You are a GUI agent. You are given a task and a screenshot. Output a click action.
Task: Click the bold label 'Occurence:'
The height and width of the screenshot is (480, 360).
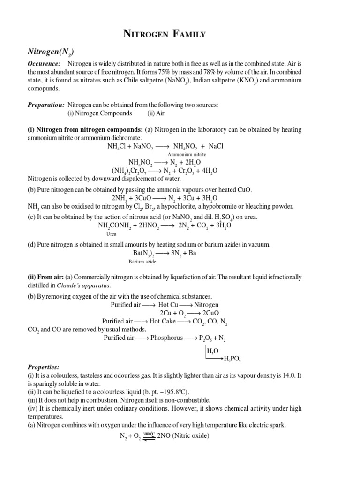point(44,63)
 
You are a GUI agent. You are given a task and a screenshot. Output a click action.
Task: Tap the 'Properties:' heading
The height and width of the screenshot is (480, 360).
point(44,367)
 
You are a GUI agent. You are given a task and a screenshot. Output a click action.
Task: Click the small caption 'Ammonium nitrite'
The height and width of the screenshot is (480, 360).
point(187,154)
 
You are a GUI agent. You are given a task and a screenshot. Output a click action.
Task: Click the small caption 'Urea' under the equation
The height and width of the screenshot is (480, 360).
point(111,234)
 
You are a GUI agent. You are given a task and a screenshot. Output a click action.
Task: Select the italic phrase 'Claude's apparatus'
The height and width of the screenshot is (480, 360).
point(83,285)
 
